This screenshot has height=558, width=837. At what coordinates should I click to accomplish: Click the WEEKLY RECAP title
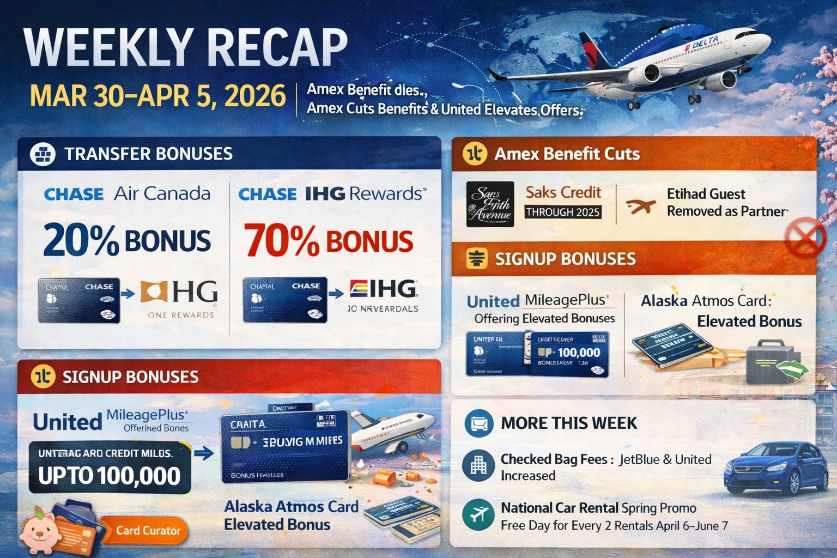[185, 48]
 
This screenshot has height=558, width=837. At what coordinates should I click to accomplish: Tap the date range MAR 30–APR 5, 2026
[157, 96]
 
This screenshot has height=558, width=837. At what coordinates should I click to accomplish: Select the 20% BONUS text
[126, 240]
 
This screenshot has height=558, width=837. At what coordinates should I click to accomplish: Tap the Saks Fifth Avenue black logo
[490, 204]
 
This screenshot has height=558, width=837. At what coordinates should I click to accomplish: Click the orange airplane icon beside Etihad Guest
[640, 207]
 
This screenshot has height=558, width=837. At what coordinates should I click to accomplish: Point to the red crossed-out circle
[805, 238]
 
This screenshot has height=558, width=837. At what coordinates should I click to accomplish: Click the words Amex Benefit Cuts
[567, 154]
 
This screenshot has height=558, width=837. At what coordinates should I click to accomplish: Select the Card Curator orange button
[148, 531]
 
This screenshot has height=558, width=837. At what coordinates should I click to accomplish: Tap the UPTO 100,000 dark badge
[110, 468]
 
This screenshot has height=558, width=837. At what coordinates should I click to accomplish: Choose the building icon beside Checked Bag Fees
[478, 466]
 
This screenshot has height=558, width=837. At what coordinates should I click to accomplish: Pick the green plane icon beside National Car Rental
[478, 515]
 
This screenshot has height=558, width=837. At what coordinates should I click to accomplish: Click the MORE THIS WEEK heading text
[568, 423]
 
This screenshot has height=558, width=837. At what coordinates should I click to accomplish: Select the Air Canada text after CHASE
[162, 194]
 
